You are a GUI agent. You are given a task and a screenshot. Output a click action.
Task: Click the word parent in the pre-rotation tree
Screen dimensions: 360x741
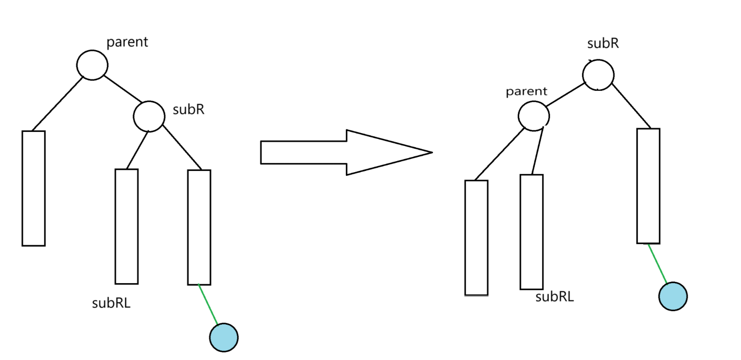[127, 42]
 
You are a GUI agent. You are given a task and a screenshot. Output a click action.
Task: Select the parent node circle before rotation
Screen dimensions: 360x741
[92, 65]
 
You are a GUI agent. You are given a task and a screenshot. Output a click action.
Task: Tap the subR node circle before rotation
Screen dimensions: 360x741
[149, 117]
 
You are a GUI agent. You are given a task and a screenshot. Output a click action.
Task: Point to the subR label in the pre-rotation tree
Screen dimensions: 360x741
[188, 110]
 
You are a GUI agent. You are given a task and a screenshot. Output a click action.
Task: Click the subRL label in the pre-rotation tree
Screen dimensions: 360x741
[111, 303]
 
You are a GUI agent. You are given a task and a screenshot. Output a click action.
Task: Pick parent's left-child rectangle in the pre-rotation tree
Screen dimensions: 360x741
[34, 188]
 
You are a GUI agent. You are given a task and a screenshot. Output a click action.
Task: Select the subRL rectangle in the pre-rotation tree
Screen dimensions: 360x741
[127, 226]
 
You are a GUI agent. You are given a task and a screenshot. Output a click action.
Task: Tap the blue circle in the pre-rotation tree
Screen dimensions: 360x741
[224, 337]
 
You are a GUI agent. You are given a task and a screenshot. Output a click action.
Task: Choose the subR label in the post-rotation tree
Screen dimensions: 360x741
[603, 44]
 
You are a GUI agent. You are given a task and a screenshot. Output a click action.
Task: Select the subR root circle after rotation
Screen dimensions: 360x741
[598, 75]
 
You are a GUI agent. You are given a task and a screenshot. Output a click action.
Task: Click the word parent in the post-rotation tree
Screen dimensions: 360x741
[526, 91]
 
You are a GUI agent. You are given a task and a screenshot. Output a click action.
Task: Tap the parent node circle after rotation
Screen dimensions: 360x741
[534, 116]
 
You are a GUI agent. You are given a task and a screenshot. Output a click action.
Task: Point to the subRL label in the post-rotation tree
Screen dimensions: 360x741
[555, 297]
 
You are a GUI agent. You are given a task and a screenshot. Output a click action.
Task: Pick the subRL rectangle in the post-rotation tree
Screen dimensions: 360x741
[532, 232]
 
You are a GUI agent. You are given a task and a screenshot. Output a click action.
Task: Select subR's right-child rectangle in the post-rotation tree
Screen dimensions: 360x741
[648, 186]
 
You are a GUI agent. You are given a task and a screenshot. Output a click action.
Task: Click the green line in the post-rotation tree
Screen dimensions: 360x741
[657, 263]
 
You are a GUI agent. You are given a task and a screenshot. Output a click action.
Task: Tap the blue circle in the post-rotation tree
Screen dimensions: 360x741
[673, 296]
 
